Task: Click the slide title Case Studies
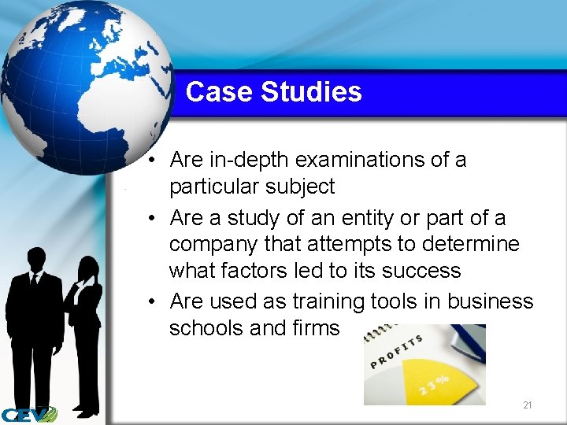(273, 92)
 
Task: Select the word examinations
(360, 160)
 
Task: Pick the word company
(213, 245)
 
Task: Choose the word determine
(473, 244)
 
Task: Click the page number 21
(528, 405)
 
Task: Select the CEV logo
(28, 414)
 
